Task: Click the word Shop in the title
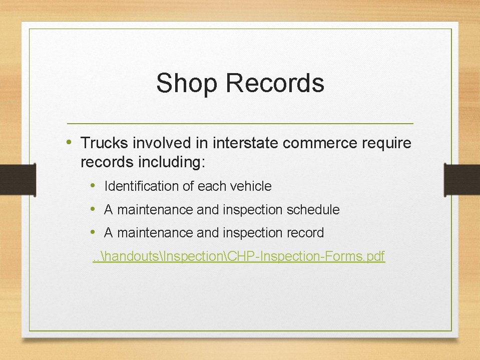pyautogui.click(x=186, y=84)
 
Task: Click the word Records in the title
pyautogui.click(x=275, y=84)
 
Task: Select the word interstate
pyautogui.click(x=246, y=144)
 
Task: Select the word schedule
pyautogui.click(x=313, y=210)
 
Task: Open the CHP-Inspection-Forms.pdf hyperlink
pyautogui.click(x=239, y=256)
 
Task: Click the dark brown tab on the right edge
pyautogui.click(x=461, y=179)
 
